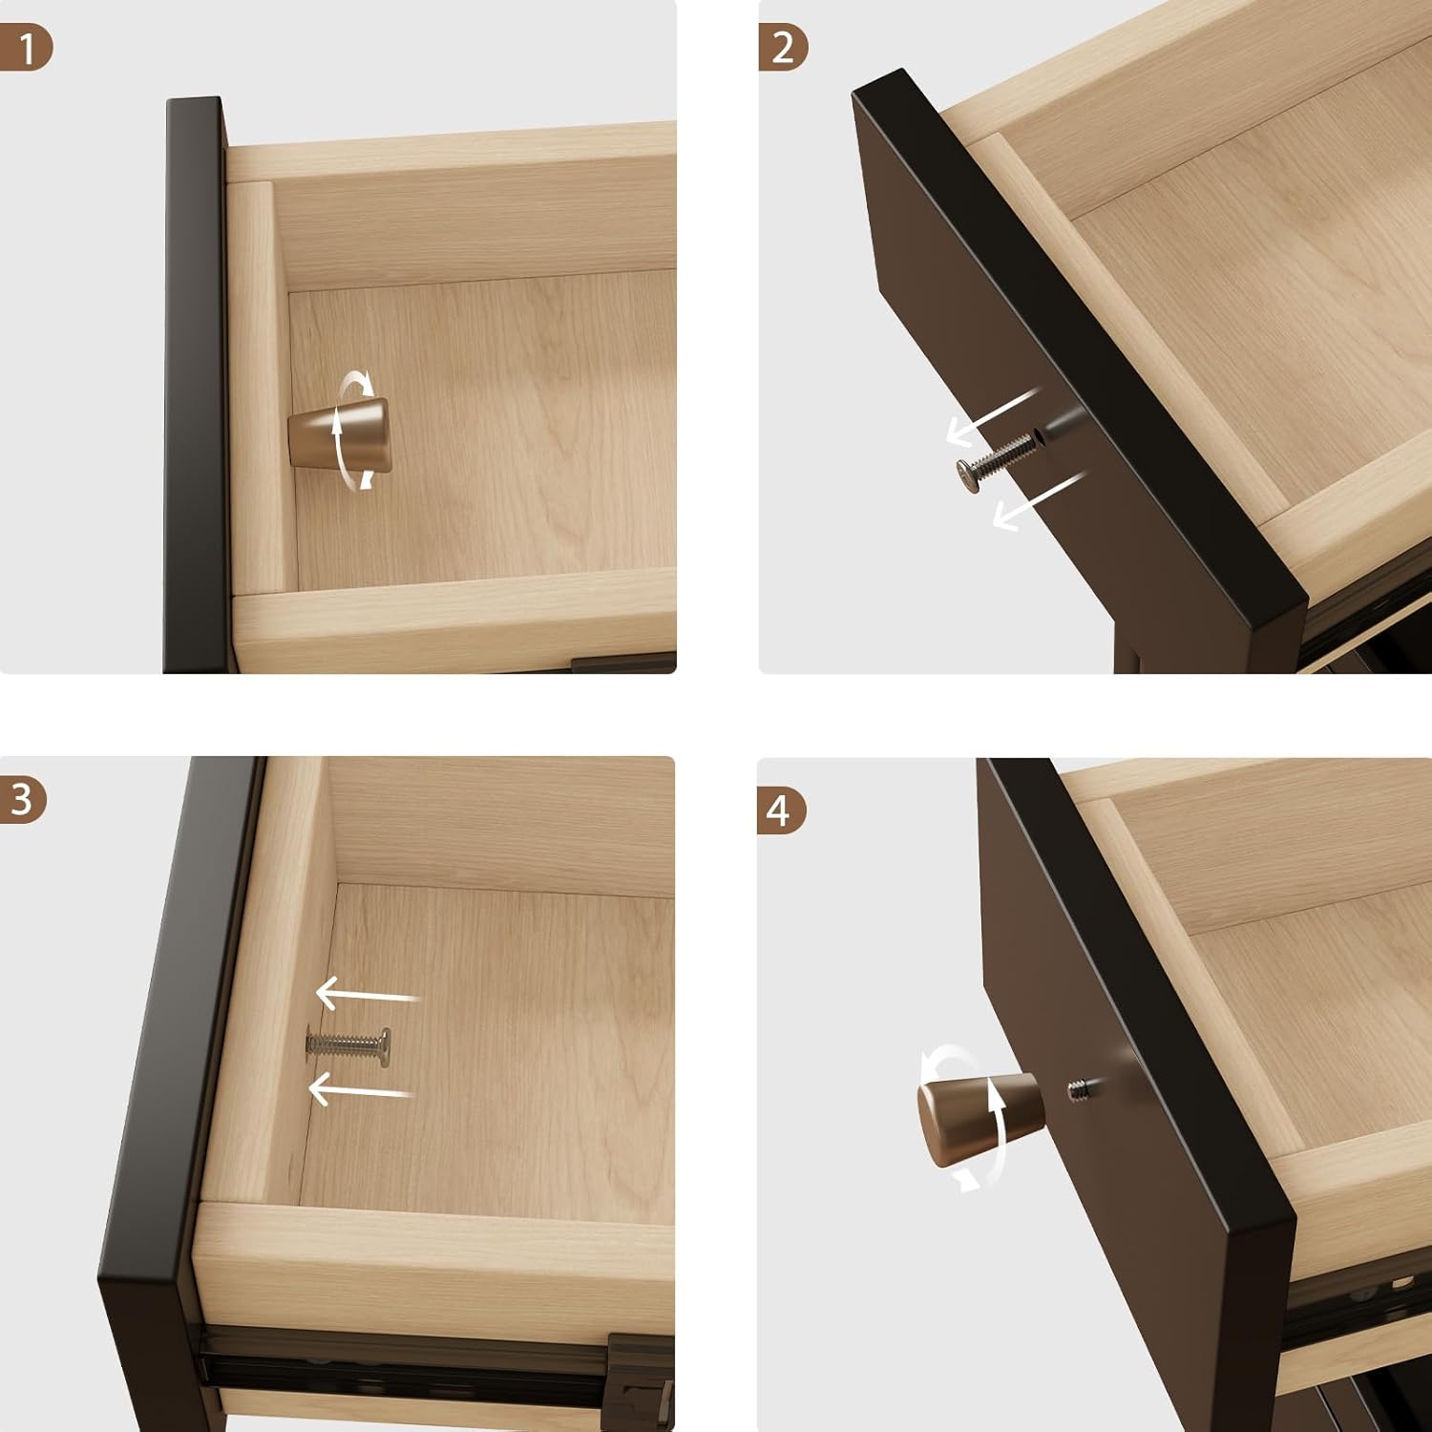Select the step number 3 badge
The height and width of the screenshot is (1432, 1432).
23,800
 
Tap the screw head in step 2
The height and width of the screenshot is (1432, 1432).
970,474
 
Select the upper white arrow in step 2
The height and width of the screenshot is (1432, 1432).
993,416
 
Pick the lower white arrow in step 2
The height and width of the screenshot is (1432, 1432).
1040,499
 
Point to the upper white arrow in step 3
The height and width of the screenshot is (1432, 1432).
367,994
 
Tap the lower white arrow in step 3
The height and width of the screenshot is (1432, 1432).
361,1087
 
